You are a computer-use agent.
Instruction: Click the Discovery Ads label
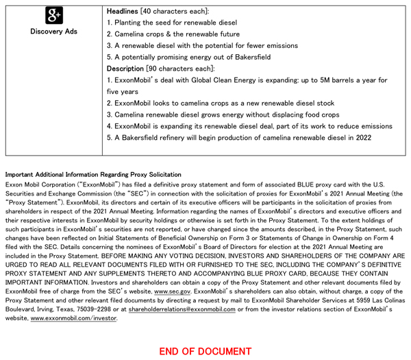click(x=53, y=32)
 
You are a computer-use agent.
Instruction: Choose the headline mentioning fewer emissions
click(x=202, y=46)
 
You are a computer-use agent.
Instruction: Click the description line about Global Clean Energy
click(x=247, y=80)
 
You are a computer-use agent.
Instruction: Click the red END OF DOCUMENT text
click(x=206, y=351)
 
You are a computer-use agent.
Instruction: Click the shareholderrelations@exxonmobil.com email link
click(x=182, y=309)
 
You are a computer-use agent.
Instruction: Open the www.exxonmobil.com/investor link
click(x=73, y=318)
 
